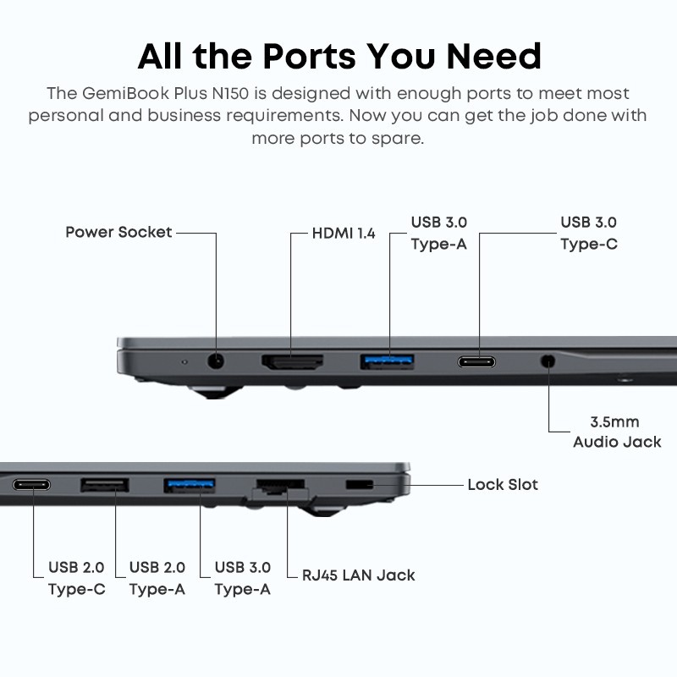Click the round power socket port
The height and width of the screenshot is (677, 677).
pos(216,361)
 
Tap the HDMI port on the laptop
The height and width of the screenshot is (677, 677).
pos(292,362)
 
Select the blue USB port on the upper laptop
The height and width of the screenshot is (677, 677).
pos(387,361)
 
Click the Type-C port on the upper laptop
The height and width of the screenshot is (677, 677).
pos(476,362)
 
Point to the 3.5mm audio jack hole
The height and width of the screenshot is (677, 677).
pos(548,361)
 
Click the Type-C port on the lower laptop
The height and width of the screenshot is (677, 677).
pos(31,485)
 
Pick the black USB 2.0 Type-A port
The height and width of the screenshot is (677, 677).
pos(104,485)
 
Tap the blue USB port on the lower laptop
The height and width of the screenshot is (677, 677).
pos(189,485)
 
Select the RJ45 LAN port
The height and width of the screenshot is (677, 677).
pos(281,487)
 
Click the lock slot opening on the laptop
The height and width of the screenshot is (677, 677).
pos(359,484)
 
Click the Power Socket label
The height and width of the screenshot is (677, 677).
pos(118,232)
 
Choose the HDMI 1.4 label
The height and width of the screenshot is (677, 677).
pos(344,234)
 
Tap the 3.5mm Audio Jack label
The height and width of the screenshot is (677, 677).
pos(617,432)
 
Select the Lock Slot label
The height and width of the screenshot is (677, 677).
pos(503,484)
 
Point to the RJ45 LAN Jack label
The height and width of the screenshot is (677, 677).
pos(358,575)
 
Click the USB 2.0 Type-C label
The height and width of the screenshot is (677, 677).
pos(76,578)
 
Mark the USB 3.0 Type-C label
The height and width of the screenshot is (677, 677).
pos(589,234)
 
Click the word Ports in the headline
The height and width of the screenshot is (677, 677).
pos(310,56)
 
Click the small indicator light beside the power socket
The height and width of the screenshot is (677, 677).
pos(184,362)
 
